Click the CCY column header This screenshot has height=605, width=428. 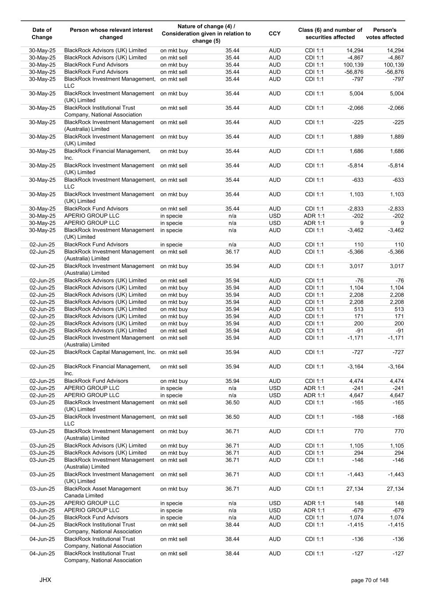pyautogui.click(x=275, y=34)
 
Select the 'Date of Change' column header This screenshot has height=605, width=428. pyautogui.click(x=42, y=34)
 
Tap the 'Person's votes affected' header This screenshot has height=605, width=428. pyautogui.click(x=385, y=34)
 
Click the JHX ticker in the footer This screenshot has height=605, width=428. pyautogui.click(x=45, y=580)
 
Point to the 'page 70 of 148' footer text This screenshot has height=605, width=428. pyautogui.click(x=369, y=580)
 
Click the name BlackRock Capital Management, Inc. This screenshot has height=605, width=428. pyautogui.click(x=110, y=352)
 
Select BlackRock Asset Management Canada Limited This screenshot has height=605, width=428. pyautogui.click(x=102, y=492)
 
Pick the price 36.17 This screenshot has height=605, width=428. pyautogui.click(x=232, y=252)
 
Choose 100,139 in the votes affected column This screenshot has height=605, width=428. pyautogui.click(x=394, y=65)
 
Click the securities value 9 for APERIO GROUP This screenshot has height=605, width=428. pyautogui.click(x=361, y=223)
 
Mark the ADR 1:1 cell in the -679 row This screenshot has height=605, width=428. pyautogui.click(x=314, y=510)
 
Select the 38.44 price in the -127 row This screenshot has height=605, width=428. pyautogui.click(x=232, y=554)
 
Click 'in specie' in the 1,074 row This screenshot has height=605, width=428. pyautogui.click(x=171, y=518)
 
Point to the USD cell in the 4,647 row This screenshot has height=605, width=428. pyautogui.click(x=275, y=395)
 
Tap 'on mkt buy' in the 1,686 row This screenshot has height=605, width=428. pyautogui.click(x=174, y=151)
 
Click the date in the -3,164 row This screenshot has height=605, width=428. pyautogui.click(x=42, y=367)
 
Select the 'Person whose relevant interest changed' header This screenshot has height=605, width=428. pyautogui.click(x=111, y=34)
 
